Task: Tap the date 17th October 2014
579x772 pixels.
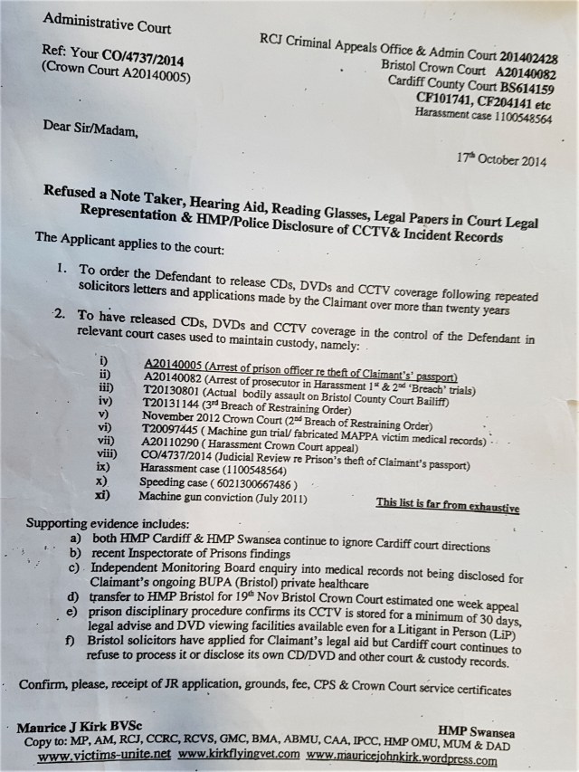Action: click(x=503, y=157)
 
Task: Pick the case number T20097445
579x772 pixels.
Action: click(x=176, y=427)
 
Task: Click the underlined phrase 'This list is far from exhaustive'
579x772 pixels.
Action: click(x=448, y=505)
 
